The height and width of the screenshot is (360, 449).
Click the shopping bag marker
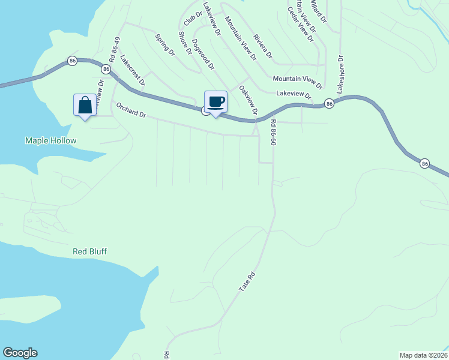point(85,105)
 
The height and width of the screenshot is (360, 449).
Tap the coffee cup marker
point(215,101)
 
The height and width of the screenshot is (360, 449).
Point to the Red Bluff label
point(89,251)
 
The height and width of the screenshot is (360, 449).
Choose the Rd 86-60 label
point(273,133)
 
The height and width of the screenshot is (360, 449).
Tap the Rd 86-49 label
point(114,49)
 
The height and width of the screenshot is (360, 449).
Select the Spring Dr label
point(164,45)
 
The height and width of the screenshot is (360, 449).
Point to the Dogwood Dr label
point(203,55)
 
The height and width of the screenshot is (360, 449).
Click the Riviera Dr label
point(262,46)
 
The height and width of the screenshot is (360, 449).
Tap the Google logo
point(20,353)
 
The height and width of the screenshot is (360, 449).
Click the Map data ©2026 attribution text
point(423,355)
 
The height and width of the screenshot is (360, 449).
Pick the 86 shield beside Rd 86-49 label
point(106,70)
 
